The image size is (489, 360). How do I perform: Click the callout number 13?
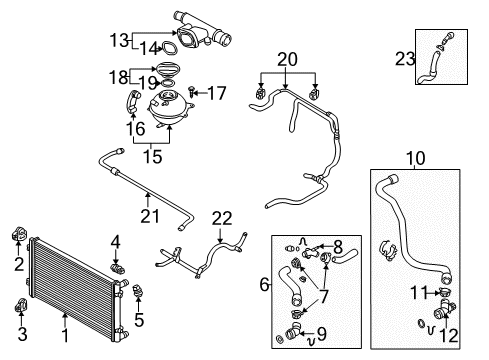click(119, 41)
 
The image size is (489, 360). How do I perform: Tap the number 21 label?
click(150, 216)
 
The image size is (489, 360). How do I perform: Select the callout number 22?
click(222, 219)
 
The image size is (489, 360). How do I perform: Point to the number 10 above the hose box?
click(416, 158)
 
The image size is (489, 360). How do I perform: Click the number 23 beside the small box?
click(405, 59)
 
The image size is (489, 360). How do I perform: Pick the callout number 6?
click(264, 285)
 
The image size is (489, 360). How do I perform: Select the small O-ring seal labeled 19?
click(169, 83)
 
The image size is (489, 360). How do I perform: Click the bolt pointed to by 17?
click(192, 91)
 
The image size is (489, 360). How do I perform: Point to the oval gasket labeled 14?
click(169, 48)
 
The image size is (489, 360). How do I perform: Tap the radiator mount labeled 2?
click(18, 233)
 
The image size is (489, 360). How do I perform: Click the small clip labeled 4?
click(117, 268)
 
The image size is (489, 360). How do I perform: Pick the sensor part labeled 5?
click(138, 290)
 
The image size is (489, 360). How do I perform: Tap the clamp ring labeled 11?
click(445, 293)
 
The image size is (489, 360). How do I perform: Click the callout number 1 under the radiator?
click(66, 335)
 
